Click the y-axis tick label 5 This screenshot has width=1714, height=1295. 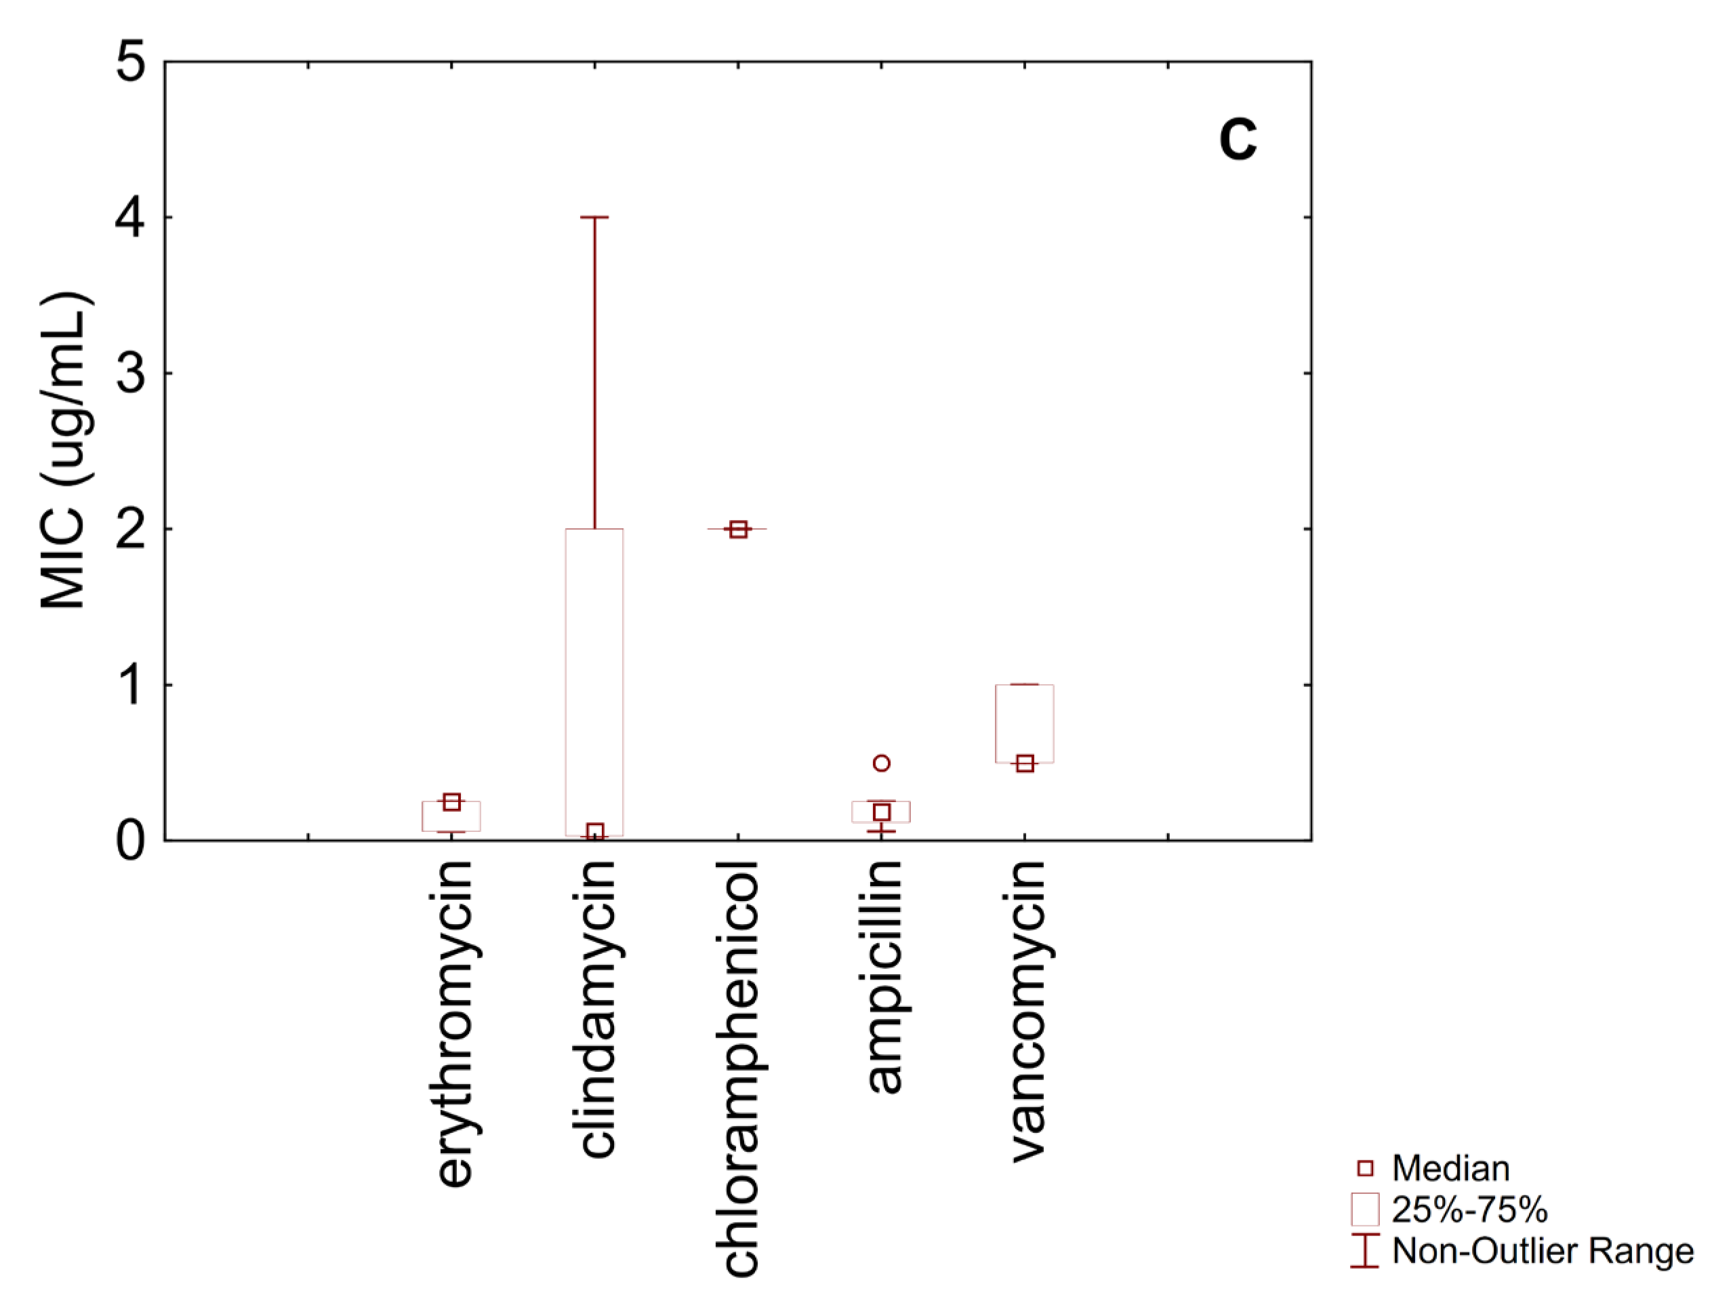pyautogui.click(x=131, y=62)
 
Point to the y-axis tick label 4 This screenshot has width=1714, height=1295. pyautogui.click(x=131, y=218)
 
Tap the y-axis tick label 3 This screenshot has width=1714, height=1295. pyautogui.click(x=131, y=374)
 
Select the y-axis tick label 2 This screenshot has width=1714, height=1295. pyautogui.click(x=131, y=530)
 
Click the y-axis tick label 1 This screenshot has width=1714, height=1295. pyautogui.click(x=131, y=686)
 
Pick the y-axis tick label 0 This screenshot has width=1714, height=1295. pyautogui.click(x=131, y=841)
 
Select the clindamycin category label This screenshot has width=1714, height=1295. pyautogui.click(x=596, y=1008)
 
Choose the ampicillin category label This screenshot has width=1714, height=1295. pyautogui.click(x=882, y=976)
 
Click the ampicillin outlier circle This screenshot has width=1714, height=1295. pyautogui.click(x=882, y=763)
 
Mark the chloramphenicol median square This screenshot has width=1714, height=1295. pyautogui.click(x=739, y=530)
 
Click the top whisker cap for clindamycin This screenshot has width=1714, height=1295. pyautogui.click(x=594, y=218)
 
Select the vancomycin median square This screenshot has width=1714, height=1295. pyautogui.click(x=1025, y=764)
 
